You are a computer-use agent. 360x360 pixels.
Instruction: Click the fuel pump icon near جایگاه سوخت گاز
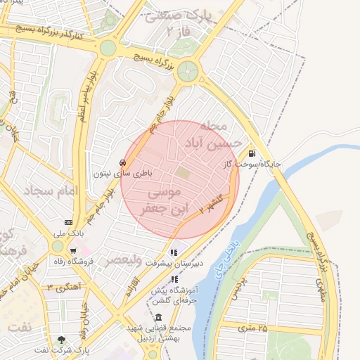[x=251, y=154]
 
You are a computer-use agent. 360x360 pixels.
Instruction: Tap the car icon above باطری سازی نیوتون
[x=123, y=162]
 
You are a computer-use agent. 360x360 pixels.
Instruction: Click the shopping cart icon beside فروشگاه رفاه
[x=73, y=251]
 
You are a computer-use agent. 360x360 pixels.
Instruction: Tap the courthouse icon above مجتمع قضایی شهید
[x=158, y=317]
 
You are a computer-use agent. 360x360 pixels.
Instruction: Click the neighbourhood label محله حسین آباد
[x=205, y=134]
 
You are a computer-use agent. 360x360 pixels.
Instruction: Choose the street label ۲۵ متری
[x=253, y=328]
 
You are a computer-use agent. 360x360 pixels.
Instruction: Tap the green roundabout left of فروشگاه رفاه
[x=58, y=246]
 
